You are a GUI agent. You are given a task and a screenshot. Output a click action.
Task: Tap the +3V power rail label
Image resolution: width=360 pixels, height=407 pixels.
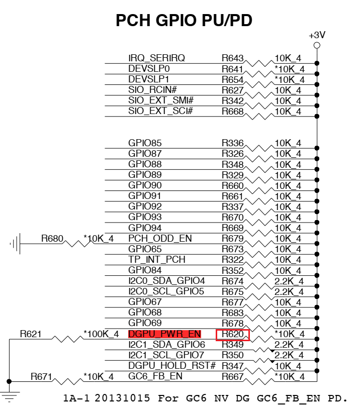pos(317,36)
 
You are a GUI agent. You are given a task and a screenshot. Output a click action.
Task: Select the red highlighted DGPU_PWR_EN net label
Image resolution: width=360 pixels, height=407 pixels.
pos(164,334)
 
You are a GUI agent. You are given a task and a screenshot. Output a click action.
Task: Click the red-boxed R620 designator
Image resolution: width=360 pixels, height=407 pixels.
pos(232,334)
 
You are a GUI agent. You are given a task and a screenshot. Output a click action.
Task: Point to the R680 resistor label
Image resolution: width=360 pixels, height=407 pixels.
pos(52,238)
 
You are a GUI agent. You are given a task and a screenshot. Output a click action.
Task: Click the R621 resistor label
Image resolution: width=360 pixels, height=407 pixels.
pos(31,334)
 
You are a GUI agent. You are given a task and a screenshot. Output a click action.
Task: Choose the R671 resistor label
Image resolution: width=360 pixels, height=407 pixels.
pos(41,376)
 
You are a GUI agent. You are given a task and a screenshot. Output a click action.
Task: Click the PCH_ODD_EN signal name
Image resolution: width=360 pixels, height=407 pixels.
pos(160,238)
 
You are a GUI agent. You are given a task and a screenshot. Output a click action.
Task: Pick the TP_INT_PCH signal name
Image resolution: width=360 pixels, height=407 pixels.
pos(157,259)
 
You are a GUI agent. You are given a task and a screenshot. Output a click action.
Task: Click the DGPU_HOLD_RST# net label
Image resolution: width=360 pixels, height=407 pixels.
pos(172,365)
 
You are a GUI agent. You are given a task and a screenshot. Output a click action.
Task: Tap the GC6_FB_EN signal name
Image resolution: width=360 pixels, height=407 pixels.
pos(155,376)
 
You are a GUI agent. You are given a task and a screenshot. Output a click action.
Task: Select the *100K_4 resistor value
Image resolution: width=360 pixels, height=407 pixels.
pos(101,334)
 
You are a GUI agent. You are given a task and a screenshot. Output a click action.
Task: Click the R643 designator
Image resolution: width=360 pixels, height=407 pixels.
pos(232,58)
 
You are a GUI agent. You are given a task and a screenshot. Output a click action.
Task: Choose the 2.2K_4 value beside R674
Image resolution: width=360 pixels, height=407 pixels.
pos(289,281)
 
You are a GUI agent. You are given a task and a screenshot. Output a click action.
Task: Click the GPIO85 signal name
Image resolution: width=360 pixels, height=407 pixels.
pos(145,143)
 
